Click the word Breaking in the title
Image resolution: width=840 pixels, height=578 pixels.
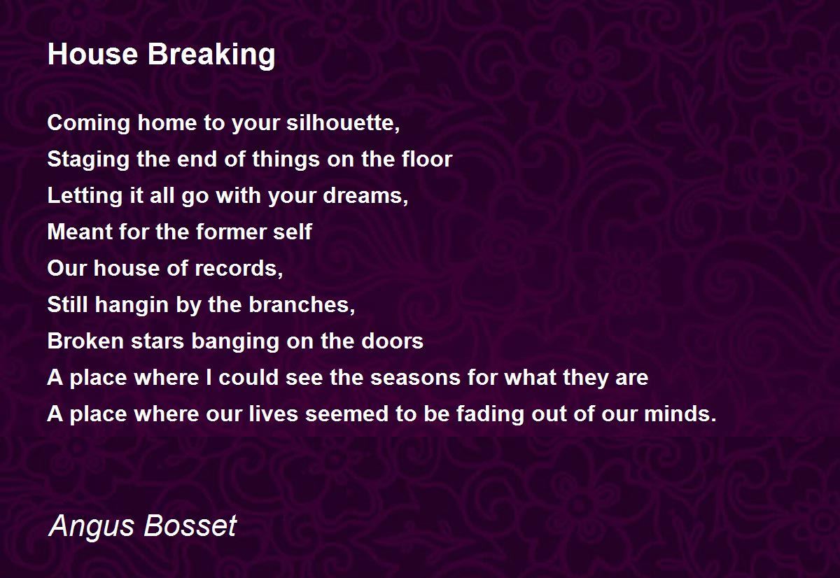click(211, 55)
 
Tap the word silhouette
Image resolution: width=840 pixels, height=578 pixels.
click(343, 122)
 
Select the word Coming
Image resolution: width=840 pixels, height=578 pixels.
click(88, 124)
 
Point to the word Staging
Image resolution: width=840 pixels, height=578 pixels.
click(88, 160)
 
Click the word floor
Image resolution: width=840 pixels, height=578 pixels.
click(427, 159)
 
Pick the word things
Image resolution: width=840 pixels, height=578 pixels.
click(284, 160)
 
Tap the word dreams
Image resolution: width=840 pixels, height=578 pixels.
click(365, 196)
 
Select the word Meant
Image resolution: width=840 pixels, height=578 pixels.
click(80, 232)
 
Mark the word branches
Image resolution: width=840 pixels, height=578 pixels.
click(302, 304)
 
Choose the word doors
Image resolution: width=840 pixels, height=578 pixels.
click(392, 341)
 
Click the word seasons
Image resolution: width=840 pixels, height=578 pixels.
click(416, 378)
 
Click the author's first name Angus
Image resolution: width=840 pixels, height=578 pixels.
click(92, 527)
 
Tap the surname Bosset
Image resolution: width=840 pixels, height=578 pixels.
click(190, 526)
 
